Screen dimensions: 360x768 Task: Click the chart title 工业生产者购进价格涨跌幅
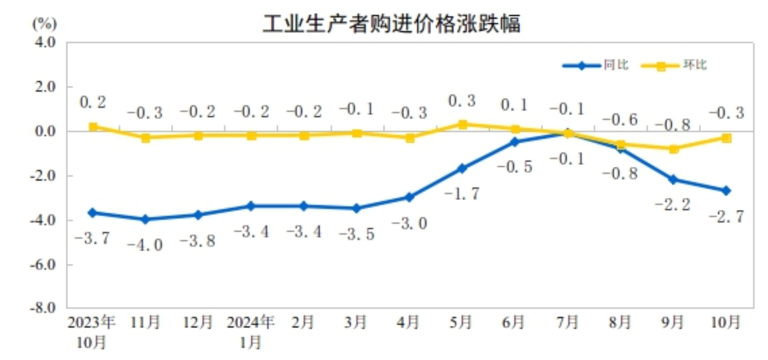click(391, 23)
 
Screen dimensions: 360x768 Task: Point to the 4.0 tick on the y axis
click(45, 42)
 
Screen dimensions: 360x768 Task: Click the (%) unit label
click(44, 23)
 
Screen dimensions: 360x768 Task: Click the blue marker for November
click(145, 219)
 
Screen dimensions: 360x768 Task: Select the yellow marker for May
click(462, 124)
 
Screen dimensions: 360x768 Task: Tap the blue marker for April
click(409, 197)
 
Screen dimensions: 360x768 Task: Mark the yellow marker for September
click(673, 149)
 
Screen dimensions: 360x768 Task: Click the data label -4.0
click(145, 245)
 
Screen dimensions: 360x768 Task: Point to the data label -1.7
click(462, 193)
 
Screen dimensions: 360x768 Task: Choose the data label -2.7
click(726, 216)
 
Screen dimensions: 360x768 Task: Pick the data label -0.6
click(620, 120)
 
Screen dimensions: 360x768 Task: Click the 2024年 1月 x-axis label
click(251, 332)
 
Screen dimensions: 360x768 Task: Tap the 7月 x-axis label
click(567, 322)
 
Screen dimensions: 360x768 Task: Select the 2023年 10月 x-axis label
click(91, 332)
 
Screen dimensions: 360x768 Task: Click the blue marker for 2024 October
click(726, 190)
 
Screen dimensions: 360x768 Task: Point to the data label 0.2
click(93, 102)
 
